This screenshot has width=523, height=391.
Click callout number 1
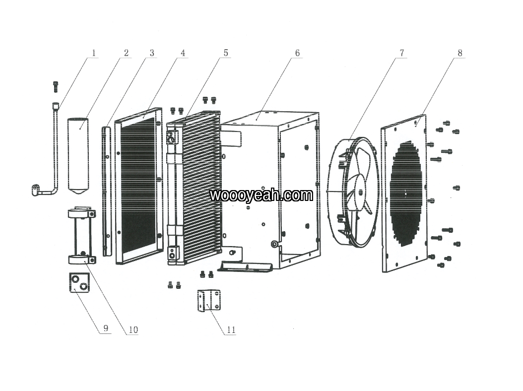pyautogui.click(x=94, y=53)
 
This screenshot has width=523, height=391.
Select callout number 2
pyautogui.click(x=126, y=53)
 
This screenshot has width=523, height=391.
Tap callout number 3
pyautogui.click(x=152, y=53)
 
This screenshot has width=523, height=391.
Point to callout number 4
pyautogui.click(x=183, y=53)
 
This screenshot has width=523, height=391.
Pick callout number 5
pyautogui.click(x=226, y=53)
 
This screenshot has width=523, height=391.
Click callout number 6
pyautogui.click(x=297, y=53)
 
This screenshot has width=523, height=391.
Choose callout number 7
pyautogui.click(x=402, y=53)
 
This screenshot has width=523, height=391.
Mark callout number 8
pyautogui.click(x=460, y=53)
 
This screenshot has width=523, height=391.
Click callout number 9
pyautogui.click(x=106, y=328)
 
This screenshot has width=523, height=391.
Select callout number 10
pyautogui.click(x=133, y=330)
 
